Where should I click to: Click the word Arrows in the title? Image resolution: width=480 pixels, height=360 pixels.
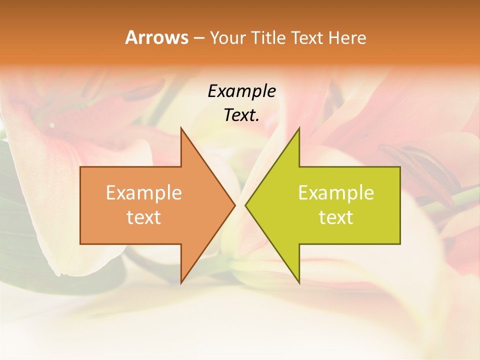[x=156, y=37]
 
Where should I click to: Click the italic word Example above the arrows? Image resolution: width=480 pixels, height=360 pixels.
[x=241, y=91]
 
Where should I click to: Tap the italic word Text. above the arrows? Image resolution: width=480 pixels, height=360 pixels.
[x=241, y=115]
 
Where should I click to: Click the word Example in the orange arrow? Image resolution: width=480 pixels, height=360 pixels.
[x=144, y=193]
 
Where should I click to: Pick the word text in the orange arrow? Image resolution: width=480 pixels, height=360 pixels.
[x=144, y=217]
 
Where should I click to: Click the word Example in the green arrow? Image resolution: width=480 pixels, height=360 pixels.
[x=336, y=193]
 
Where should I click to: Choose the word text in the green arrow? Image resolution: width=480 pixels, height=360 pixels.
[x=336, y=217]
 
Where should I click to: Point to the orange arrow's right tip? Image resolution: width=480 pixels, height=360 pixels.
[x=234, y=205]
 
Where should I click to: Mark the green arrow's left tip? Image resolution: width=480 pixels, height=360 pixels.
[x=245, y=205]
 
